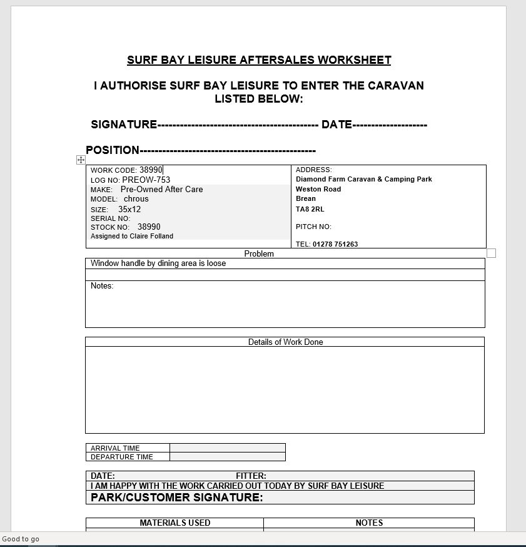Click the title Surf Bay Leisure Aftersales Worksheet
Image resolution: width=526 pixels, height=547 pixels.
tap(259, 60)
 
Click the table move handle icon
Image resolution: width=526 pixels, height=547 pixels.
tap(81, 160)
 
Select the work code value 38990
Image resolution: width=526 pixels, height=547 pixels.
tap(151, 170)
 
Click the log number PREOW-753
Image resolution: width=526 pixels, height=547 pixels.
tap(146, 180)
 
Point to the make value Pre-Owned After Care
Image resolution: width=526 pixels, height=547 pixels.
tap(161, 189)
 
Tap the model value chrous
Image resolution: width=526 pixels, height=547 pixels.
tap(136, 199)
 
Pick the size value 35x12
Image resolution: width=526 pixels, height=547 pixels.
tap(129, 209)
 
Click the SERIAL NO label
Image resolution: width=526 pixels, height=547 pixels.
tap(110, 218)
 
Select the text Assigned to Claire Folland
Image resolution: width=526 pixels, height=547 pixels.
tap(132, 236)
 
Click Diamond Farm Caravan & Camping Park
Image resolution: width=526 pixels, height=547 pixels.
tap(363, 179)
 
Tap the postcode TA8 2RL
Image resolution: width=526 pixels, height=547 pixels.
tap(310, 209)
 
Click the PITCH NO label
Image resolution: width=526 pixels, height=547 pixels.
tap(313, 227)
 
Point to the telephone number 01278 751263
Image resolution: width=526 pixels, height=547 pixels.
tap(335, 244)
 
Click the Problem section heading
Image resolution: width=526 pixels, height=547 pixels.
tap(259, 253)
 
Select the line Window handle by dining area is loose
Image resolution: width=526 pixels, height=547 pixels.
tap(158, 263)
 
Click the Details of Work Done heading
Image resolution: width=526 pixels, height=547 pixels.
tap(285, 342)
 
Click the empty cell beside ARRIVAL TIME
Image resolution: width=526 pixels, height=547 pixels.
tap(227, 448)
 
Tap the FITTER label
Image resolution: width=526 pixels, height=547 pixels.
tap(251, 476)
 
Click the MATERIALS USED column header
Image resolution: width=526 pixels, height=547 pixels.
tap(174, 523)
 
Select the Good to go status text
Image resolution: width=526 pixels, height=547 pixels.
tap(21, 539)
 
